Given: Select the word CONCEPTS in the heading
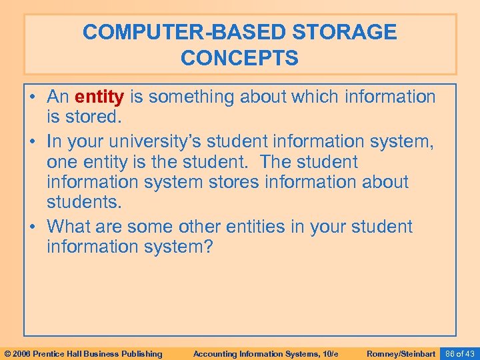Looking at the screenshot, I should pyautogui.click(x=240, y=58).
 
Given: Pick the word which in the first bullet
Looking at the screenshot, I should pyautogui.click(x=315, y=97).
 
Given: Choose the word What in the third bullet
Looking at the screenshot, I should pyautogui.click(x=69, y=227).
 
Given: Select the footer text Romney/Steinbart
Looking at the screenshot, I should pyautogui.click(x=401, y=353).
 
